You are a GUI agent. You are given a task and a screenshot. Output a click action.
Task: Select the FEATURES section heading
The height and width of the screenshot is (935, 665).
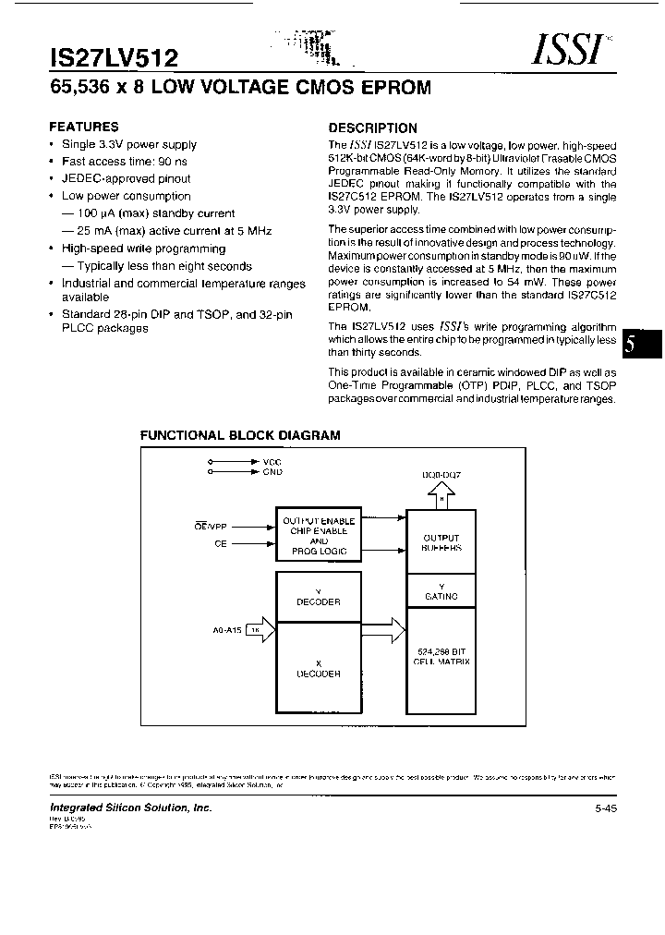click(83, 127)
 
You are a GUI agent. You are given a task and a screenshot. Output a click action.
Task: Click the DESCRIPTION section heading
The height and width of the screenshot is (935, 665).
click(373, 128)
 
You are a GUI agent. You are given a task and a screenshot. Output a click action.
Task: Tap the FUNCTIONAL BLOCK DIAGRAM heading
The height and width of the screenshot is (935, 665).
click(240, 434)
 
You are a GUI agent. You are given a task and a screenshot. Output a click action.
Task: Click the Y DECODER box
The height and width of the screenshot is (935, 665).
click(318, 597)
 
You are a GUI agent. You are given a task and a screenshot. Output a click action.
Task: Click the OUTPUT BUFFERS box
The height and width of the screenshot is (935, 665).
click(441, 542)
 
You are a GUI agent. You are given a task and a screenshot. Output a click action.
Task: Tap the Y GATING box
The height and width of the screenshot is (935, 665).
click(441, 591)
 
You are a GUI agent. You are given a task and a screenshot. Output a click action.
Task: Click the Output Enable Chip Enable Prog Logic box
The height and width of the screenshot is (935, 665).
click(318, 536)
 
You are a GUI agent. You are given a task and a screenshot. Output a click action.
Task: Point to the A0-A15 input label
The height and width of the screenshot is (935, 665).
click(227, 631)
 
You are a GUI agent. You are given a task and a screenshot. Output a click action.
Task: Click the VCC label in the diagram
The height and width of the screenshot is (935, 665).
click(272, 460)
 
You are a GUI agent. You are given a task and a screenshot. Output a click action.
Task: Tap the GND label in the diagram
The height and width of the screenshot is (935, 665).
click(272, 471)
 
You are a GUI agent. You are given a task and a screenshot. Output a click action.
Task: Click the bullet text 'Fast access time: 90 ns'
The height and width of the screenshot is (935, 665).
click(124, 162)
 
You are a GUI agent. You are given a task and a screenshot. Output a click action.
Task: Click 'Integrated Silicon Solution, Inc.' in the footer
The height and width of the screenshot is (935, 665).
click(130, 807)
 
